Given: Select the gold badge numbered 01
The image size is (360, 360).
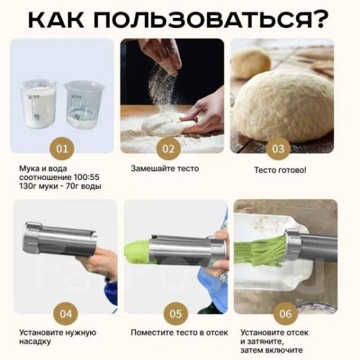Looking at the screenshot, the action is pyautogui.click(x=62, y=149).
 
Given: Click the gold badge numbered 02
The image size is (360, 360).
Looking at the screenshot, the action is pyautogui.click(x=168, y=149).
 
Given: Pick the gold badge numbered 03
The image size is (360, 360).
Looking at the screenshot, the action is pyautogui.click(x=278, y=149).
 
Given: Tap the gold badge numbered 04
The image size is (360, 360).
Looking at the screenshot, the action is pyautogui.click(x=65, y=314).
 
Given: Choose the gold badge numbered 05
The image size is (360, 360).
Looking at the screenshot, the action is pyautogui.click(x=176, y=314).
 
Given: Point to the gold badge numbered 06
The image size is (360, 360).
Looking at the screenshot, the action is pyautogui.click(x=286, y=314).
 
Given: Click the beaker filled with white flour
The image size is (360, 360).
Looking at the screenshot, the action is pyautogui.click(x=38, y=103).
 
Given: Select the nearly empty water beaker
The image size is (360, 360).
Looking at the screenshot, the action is pyautogui.click(x=83, y=104).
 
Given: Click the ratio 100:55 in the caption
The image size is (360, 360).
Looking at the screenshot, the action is pyautogui.click(x=86, y=178).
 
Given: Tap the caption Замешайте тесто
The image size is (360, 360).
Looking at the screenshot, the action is pyautogui.click(x=165, y=169).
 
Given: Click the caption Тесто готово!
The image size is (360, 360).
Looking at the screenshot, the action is pyautogui.click(x=280, y=170).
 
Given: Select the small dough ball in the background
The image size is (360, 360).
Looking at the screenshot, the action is pyautogui.click(x=250, y=62).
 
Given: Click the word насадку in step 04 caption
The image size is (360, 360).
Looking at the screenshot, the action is pyautogui.click(x=35, y=341).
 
